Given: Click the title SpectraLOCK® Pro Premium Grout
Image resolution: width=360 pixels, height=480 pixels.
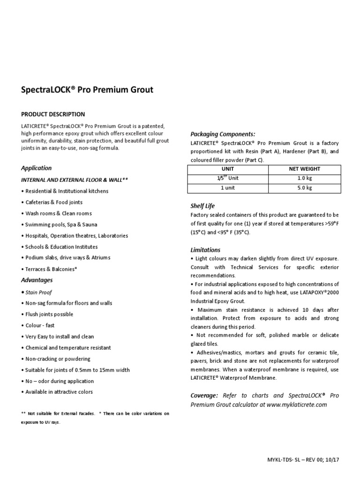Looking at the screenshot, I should [x=87, y=90].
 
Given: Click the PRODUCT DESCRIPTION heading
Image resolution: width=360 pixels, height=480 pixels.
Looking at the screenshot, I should [x=53, y=114].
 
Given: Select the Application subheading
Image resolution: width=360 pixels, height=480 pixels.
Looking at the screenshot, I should [x=37, y=168].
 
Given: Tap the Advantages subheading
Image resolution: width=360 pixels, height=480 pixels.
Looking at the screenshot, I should [x=37, y=280].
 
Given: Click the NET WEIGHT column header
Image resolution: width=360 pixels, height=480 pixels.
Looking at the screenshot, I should [x=304, y=169].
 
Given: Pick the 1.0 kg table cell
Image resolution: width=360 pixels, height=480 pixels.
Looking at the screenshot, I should [x=304, y=179].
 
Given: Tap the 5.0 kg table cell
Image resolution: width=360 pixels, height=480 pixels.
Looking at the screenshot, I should [x=304, y=188].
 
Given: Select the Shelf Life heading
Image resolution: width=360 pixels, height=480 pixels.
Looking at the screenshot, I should [x=202, y=206].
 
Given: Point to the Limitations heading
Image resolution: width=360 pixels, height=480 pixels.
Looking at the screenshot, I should [x=205, y=250].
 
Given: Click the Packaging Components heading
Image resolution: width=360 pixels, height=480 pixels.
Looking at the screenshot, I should [x=223, y=134].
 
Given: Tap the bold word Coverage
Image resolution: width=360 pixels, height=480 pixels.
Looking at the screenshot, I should [x=204, y=396].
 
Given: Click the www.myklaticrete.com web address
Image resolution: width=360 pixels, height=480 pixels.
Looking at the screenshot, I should [x=296, y=405].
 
